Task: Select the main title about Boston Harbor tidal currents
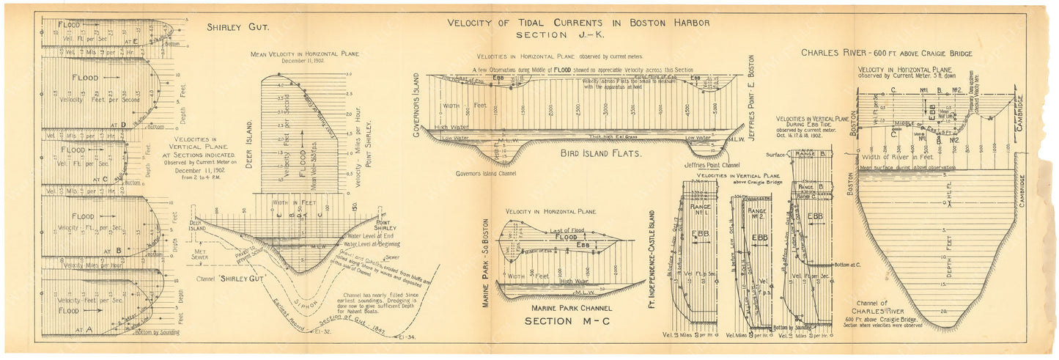[x=578, y=23]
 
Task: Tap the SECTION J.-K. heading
[x=578, y=34]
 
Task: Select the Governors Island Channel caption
[x=487, y=173]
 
